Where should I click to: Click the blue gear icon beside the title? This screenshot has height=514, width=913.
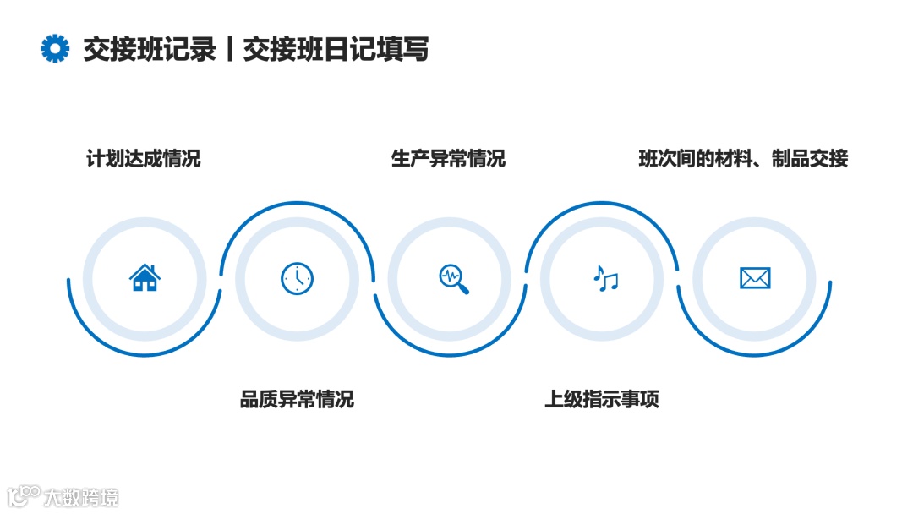click(55, 49)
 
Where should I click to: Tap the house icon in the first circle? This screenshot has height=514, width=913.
click(145, 277)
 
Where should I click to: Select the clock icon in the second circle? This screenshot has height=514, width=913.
click(297, 278)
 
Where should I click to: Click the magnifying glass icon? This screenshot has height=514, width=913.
click(453, 279)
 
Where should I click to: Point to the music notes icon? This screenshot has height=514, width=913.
click(605, 278)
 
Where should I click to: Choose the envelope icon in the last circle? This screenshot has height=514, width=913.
click(755, 278)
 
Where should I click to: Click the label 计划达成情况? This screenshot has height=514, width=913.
click(144, 158)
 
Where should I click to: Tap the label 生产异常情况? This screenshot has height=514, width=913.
click(448, 158)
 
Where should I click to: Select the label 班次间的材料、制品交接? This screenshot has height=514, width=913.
click(743, 158)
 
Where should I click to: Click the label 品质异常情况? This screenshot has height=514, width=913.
click(297, 399)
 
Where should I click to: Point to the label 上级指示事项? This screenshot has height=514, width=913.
click(602, 399)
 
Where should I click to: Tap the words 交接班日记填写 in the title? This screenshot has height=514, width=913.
click(336, 50)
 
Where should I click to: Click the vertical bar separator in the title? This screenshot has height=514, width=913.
click(230, 50)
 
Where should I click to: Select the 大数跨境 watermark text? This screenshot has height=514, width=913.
click(81, 497)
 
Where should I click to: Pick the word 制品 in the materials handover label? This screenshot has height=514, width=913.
click(790, 158)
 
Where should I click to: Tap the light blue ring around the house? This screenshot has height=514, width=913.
click(89, 279)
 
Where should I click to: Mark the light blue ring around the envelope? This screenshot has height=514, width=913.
click(699, 279)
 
